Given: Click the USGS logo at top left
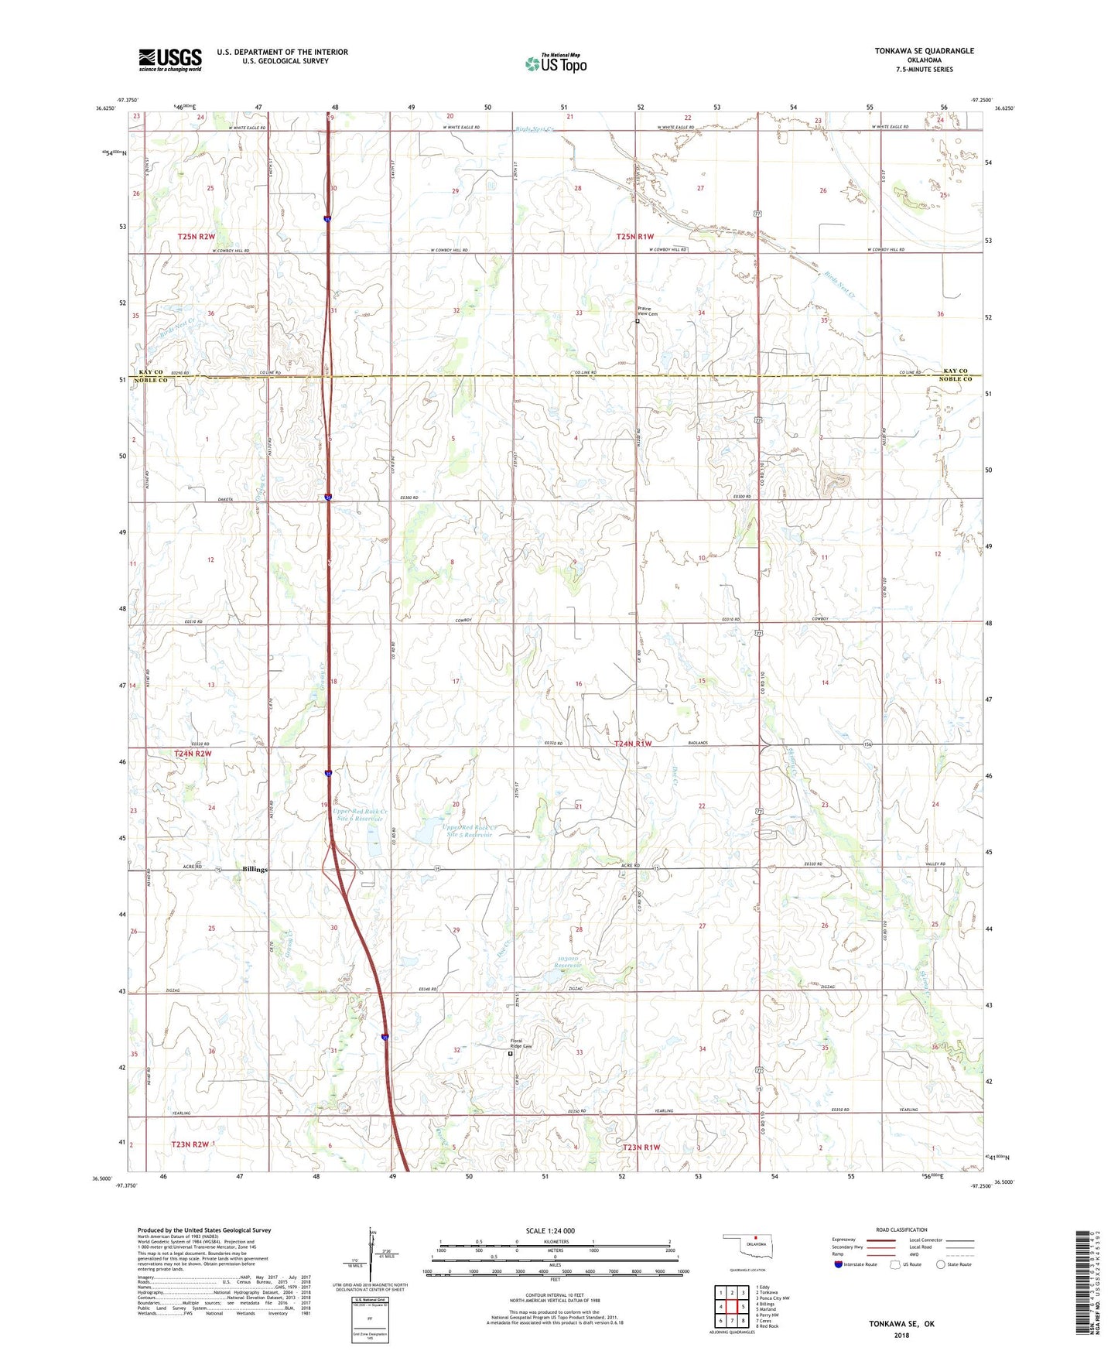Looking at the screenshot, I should tap(170, 60).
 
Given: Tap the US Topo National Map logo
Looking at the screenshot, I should tap(556, 63).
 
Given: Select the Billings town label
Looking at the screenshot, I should tap(255, 869).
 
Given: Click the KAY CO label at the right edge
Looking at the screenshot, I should tap(956, 371).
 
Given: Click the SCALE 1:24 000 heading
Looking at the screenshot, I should tap(550, 1230).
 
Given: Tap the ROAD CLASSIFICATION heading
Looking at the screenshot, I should tap(901, 1230).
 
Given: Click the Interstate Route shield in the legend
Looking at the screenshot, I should tap(838, 1264).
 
